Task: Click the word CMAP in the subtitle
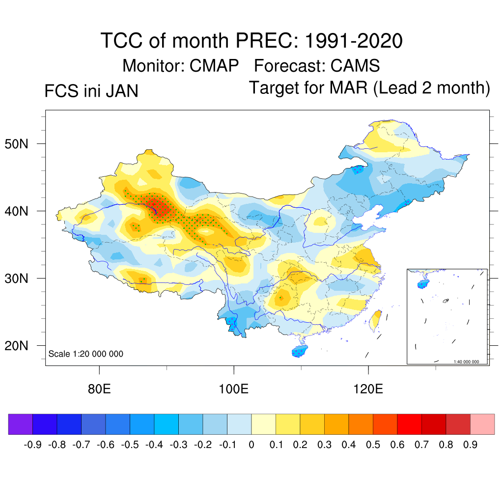(x=215, y=65)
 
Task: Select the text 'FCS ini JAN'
(x=91, y=91)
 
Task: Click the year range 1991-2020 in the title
(x=354, y=40)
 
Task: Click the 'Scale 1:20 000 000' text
(x=86, y=354)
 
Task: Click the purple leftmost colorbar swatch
(x=21, y=424)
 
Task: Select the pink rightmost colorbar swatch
(x=482, y=424)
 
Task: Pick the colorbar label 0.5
(x=373, y=445)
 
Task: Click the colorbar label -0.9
(x=32, y=445)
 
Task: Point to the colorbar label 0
(x=251, y=445)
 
